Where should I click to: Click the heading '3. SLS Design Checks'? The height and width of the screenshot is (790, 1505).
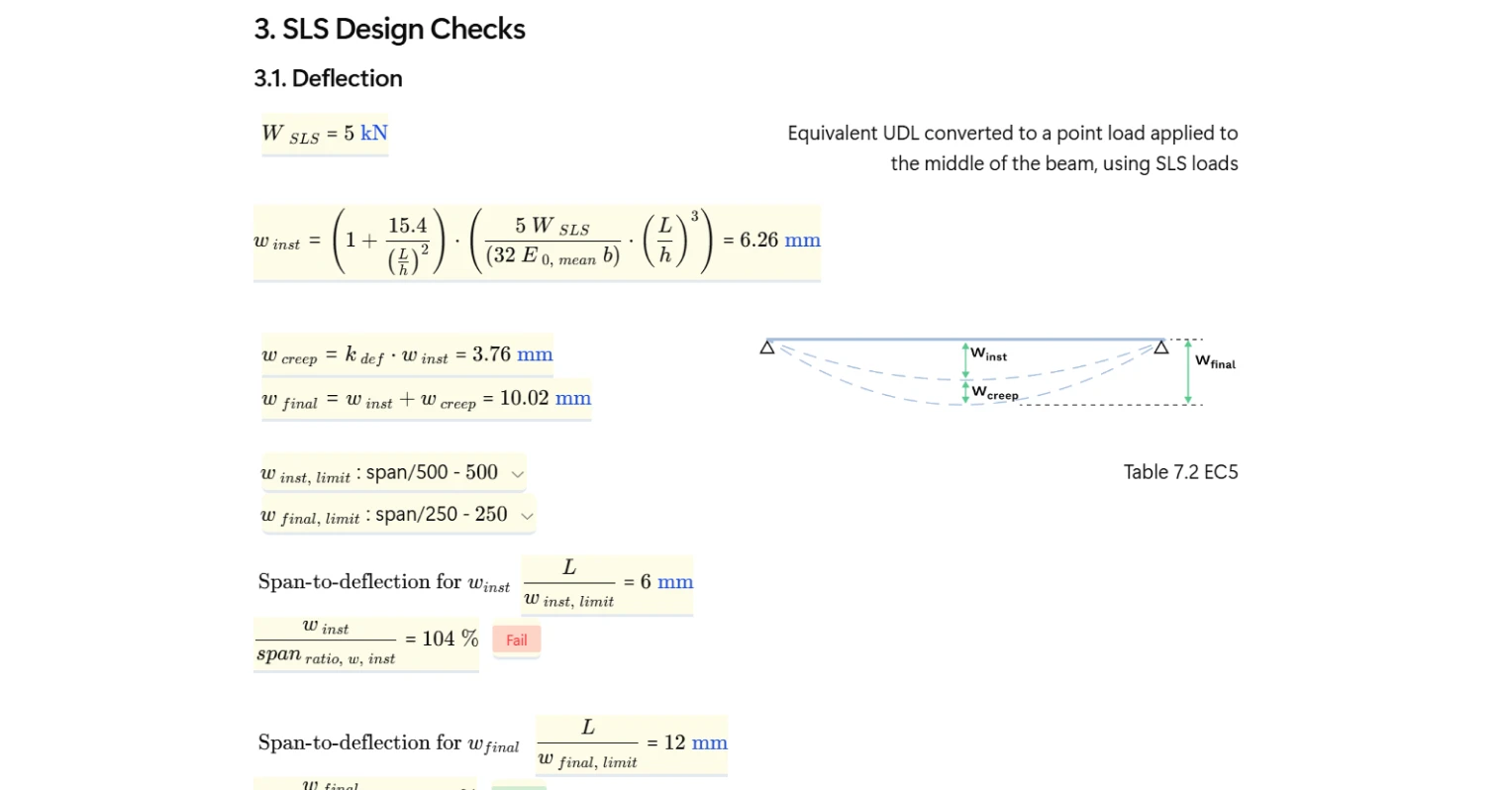pos(389,30)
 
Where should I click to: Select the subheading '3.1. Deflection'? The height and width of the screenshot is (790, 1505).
pos(328,78)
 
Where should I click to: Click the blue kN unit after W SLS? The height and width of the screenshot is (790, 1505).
pos(374,133)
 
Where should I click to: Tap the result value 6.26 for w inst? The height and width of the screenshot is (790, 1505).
pos(758,240)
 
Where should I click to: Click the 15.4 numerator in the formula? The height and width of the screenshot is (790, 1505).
pos(407,226)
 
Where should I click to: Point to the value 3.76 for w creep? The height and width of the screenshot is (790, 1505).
pos(491,354)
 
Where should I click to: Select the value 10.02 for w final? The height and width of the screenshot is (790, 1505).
pos(524,398)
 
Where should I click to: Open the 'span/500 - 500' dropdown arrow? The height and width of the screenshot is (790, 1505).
pos(517,474)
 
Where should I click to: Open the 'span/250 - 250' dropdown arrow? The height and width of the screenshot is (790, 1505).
pos(527,516)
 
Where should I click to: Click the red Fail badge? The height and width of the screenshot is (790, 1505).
pos(516,640)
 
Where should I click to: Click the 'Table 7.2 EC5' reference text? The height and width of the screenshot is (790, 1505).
pos(1180,472)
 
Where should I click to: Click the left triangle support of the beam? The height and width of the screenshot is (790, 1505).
pos(767,346)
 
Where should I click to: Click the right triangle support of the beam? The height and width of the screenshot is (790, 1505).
pos(1161,346)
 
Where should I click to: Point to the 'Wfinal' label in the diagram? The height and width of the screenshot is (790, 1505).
pos(1215,361)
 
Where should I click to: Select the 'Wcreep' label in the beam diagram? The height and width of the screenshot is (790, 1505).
pos(994,393)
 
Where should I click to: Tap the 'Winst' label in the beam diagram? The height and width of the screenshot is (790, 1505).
pos(988,353)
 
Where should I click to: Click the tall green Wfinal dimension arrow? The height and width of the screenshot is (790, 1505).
pos(1188,372)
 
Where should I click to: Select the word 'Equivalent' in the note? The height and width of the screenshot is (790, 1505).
pos(832,134)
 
